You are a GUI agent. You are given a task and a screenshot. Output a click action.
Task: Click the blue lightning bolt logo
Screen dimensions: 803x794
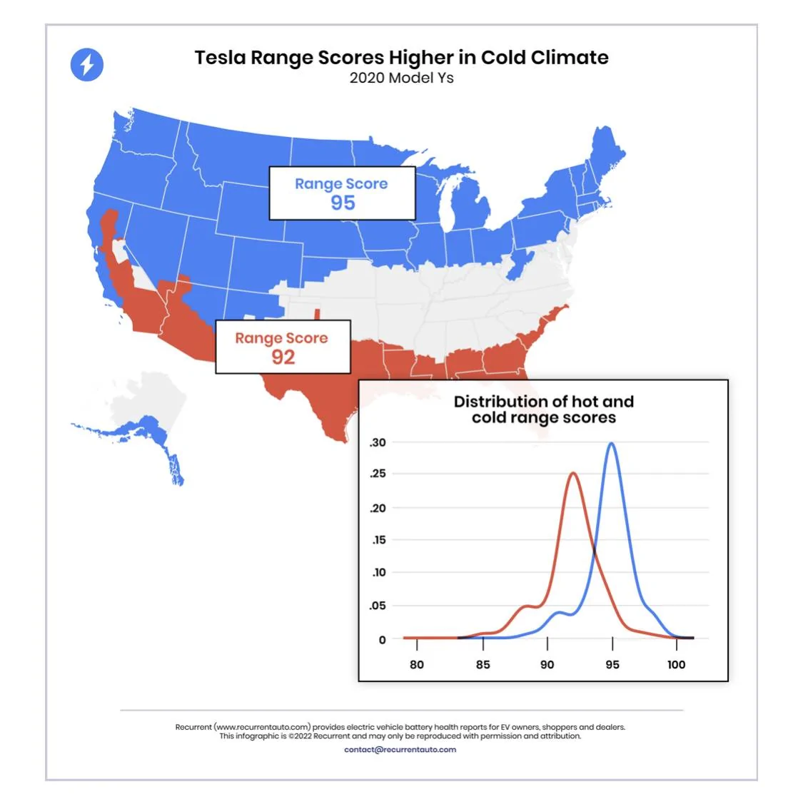coord(86,64)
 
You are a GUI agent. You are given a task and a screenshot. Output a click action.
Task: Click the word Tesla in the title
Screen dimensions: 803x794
coord(221,57)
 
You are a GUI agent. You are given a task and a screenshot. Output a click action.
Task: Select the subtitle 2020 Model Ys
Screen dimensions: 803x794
coord(401,78)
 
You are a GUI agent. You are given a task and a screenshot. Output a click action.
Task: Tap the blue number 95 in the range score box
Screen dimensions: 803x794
coord(343,203)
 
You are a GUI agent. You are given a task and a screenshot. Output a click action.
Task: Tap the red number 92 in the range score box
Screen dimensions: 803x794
coord(283,357)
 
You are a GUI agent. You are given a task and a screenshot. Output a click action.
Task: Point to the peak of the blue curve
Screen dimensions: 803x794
coord(611,443)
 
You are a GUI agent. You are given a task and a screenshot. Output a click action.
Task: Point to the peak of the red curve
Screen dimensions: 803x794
coord(573,474)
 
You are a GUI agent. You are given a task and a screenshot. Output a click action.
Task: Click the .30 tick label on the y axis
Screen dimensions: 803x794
coord(378,442)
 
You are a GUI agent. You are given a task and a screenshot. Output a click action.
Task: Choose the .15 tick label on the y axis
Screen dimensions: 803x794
coord(379,539)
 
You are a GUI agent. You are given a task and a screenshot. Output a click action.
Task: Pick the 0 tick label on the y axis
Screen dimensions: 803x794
coord(382,639)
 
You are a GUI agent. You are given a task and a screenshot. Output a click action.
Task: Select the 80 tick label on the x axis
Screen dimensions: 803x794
coord(417,664)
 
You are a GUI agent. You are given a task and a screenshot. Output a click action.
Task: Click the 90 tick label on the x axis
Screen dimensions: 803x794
coord(547,664)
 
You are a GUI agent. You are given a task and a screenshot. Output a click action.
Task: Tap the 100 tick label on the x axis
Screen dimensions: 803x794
coord(676,664)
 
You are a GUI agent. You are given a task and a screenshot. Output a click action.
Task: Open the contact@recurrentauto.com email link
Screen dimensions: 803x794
coord(400,750)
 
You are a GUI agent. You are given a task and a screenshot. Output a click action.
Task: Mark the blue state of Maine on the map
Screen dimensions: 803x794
coord(606,151)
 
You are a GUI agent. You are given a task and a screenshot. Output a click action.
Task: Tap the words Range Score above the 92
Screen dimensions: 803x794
coord(281,338)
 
